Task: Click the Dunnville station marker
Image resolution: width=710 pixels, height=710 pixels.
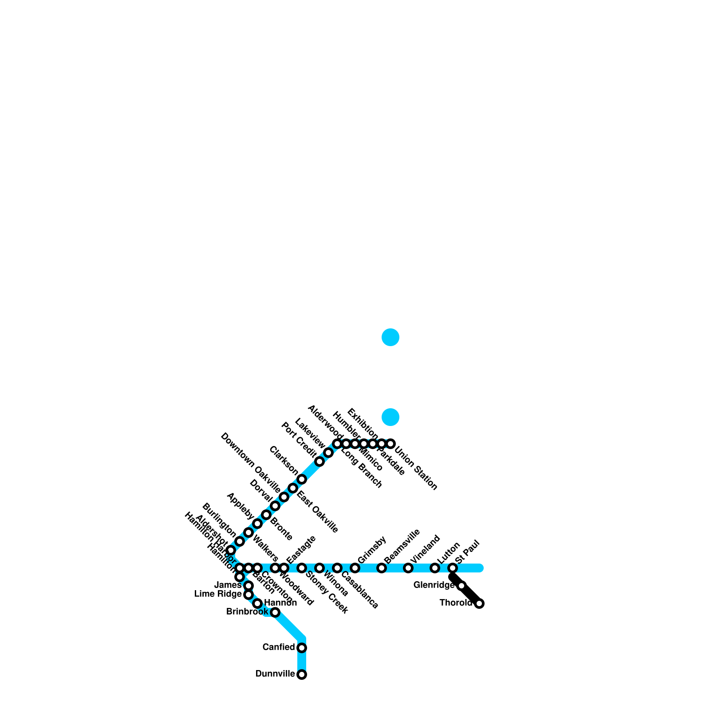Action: click(x=302, y=674)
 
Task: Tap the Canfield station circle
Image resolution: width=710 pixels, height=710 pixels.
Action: click(x=302, y=648)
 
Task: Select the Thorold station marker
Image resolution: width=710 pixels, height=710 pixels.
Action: click(x=479, y=603)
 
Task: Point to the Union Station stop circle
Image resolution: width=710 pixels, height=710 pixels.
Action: click(x=390, y=444)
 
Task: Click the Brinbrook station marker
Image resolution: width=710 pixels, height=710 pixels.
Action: click(x=275, y=612)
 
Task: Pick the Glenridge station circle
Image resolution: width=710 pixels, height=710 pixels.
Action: click(x=461, y=586)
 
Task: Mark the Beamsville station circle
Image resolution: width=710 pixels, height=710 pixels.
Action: click(x=382, y=568)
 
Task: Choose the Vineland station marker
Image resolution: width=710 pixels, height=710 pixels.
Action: click(x=408, y=568)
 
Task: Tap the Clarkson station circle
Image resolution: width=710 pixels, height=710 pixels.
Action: click(x=302, y=479)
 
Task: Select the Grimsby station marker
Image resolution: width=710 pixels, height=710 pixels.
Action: click(x=355, y=568)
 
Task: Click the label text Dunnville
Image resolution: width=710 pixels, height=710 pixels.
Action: click(x=275, y=674)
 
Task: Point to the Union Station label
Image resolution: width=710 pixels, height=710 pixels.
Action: click(x=416, y=469)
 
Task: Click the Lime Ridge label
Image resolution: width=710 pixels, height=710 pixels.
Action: click(x=218, y=594)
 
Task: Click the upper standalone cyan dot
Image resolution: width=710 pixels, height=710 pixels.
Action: click(x=390, y=337)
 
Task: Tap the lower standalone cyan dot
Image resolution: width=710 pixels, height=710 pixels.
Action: click(x=390, y=417)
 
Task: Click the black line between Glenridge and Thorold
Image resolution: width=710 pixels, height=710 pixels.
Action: click(x=470, y=595)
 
